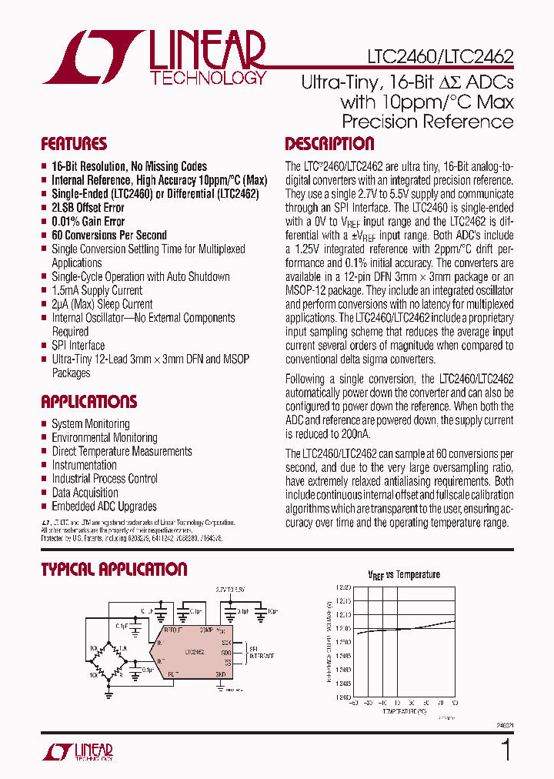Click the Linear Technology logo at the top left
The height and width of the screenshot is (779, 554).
(154, 58)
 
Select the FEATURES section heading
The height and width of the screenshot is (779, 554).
(74, 145)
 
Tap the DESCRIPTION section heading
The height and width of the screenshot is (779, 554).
(329, 144)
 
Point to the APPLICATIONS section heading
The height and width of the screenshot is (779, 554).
(88, 402)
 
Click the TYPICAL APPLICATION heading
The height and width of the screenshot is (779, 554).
(114, 570)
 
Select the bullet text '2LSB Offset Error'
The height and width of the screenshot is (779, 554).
(88, 208)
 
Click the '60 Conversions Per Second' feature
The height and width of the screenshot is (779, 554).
(108, 236)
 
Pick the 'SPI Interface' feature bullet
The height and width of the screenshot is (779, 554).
(78, 346)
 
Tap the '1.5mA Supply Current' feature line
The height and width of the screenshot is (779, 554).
(96, 290)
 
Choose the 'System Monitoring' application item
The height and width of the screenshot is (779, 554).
(90, 424)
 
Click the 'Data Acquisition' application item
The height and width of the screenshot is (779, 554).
(85, 493)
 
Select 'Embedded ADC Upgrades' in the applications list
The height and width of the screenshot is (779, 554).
(104, 507)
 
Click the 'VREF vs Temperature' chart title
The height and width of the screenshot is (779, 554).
(403, 574)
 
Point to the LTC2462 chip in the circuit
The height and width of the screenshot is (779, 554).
(195, 652)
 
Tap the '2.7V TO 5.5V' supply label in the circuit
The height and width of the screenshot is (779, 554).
(230, 590)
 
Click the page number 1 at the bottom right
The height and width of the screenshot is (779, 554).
(506, 751)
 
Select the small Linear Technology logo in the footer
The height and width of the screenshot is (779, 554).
(77, 751)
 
